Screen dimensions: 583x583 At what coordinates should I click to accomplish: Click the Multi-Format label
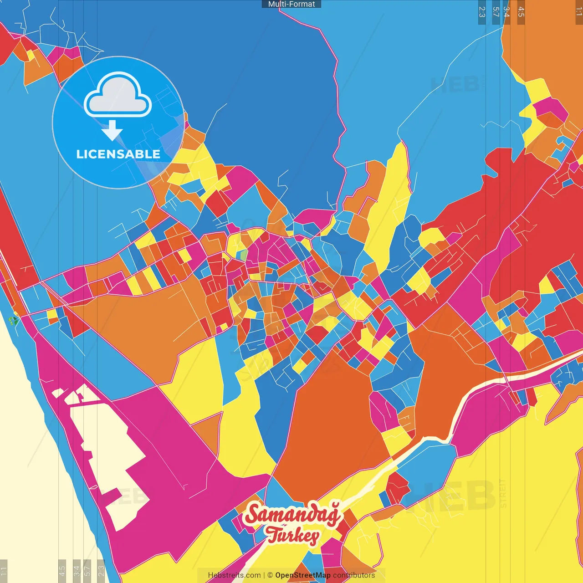tap(291, 4)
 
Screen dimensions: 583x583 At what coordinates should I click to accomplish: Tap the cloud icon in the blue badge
tap(118, 94)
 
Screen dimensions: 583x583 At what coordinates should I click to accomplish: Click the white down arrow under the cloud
tap(112, 131)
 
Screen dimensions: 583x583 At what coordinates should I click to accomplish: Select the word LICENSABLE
tap(118, 154)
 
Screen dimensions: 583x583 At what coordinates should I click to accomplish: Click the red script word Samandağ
tap(293, 514)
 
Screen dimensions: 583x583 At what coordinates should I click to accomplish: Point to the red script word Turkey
tap(293, 535)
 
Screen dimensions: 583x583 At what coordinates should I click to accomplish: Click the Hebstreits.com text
tap(234, 575)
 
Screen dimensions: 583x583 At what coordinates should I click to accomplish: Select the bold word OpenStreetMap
tap(303, 575)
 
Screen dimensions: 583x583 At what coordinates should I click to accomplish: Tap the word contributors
tap(354, 575)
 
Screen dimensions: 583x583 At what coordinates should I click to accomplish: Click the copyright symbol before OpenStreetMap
tap(270, 575)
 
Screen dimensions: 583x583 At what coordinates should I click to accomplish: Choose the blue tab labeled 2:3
tap(482, 12)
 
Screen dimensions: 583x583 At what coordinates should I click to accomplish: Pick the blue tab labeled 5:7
tap(496, 12)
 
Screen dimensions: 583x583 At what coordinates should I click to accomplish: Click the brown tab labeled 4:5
tap(521, 12)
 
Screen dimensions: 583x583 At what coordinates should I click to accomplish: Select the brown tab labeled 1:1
tap(579, 12)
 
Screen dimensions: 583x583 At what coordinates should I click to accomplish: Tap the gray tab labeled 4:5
tap(62, 571)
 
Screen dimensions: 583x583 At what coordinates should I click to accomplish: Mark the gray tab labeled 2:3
tap(101, 571)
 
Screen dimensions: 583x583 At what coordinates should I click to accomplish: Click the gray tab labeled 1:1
tap(4, 571)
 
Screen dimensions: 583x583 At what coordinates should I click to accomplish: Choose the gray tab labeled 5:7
tap(87, 571)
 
